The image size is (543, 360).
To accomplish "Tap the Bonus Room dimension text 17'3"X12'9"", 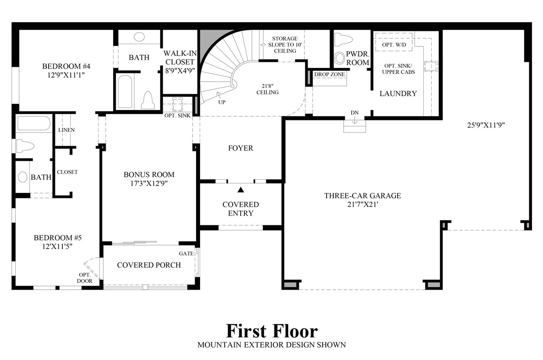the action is pos(149,183).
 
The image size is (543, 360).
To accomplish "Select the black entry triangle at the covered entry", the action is pos(241,190).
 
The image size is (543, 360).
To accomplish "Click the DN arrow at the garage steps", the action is pos(355,120).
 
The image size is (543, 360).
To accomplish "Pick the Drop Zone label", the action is pos(330,74).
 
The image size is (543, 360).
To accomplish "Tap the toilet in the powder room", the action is pos(343,39).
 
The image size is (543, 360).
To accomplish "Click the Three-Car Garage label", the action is pos(363,196).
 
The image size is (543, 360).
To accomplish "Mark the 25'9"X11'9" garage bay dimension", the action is pos(486,125).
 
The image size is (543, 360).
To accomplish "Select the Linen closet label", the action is pos(66,130).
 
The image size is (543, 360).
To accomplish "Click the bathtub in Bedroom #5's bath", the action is pos(34,123).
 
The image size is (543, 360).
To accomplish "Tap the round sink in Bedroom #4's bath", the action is pos(139,37).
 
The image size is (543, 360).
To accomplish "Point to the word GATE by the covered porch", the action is pos(186,254).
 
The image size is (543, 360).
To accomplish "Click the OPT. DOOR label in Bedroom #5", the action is pos(84,278).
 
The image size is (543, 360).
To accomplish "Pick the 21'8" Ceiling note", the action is pos(268,89).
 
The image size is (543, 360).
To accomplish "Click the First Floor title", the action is pos(272,331).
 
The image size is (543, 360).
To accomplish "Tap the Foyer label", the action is pos(241,148).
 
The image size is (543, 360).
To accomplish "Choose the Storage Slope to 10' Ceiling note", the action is pos(285,45).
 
